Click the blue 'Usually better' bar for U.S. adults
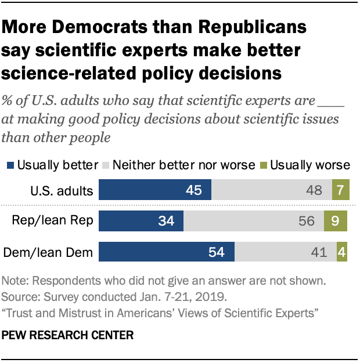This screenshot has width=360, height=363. (155, 190)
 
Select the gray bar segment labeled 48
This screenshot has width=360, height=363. (272, 190)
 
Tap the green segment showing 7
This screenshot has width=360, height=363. (341, 190)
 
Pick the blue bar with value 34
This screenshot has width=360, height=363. (141, 222)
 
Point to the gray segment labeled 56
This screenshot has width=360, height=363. (257, 222)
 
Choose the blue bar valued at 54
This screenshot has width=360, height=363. (167, 253)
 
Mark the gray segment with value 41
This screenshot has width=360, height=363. (285, 253)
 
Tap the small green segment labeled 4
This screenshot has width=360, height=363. (343, 253)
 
